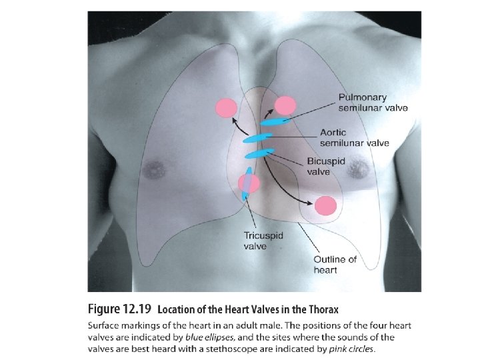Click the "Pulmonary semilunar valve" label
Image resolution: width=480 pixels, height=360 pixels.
click(373, 102)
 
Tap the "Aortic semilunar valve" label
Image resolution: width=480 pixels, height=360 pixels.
click(354, 137)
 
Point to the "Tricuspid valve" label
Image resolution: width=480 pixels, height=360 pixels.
click(255, 241)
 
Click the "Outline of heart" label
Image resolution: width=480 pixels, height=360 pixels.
click(335, 264)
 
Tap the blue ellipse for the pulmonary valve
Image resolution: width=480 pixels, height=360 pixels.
click(275, 121)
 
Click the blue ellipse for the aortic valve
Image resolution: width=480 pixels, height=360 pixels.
click(257, 139)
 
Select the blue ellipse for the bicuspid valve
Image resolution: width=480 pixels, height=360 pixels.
click(259, 154)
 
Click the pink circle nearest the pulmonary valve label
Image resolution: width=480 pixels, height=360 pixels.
click(285, 105)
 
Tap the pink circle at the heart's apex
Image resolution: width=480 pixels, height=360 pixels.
click(326, 205)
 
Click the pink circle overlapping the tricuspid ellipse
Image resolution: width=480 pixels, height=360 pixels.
click(248, 182)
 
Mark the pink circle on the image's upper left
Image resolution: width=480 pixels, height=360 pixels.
click(226, 107)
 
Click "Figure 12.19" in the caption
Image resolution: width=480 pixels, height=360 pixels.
click(121, 310)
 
